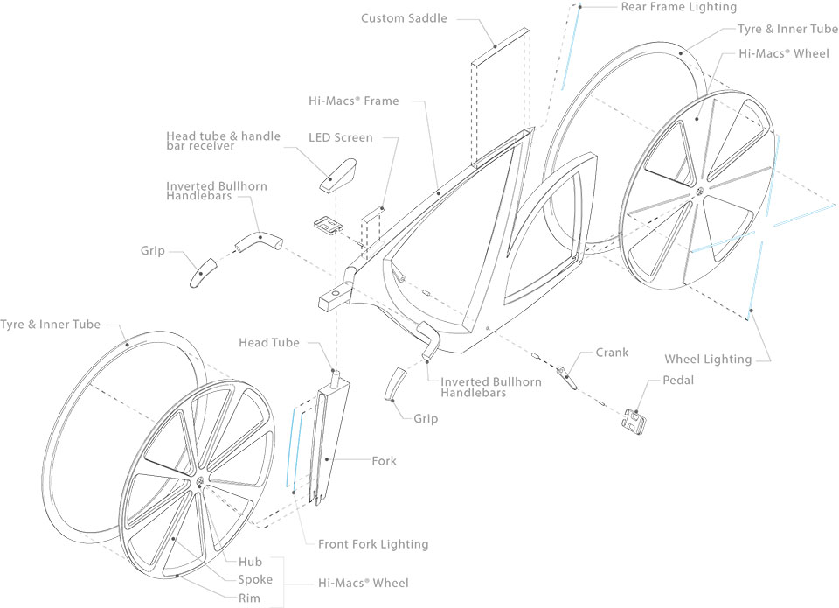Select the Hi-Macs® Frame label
pos(353,101)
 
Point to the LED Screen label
pos(340,138)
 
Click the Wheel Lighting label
pos(708,359)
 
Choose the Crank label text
pos(612,353)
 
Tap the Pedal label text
pos(678,381)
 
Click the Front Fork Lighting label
pos(373,544)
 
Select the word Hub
pos(251,562)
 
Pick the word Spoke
pos(255,579)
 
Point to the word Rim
pos(250,598)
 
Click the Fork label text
pos(384,461)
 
